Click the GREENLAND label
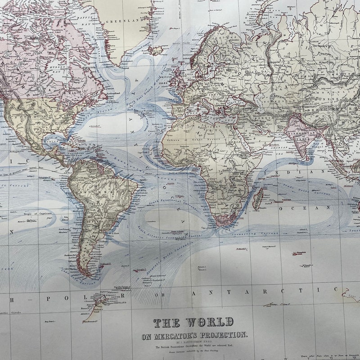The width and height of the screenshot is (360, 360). click(x=122, y=21)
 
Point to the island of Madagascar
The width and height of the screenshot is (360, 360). click(x=258, y=198)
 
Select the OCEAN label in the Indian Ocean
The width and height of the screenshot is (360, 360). click(x=311, y=208)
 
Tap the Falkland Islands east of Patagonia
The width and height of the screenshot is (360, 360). click(x=106, y=265)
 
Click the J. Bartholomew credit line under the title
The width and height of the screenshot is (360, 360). click(x=201, y=342)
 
